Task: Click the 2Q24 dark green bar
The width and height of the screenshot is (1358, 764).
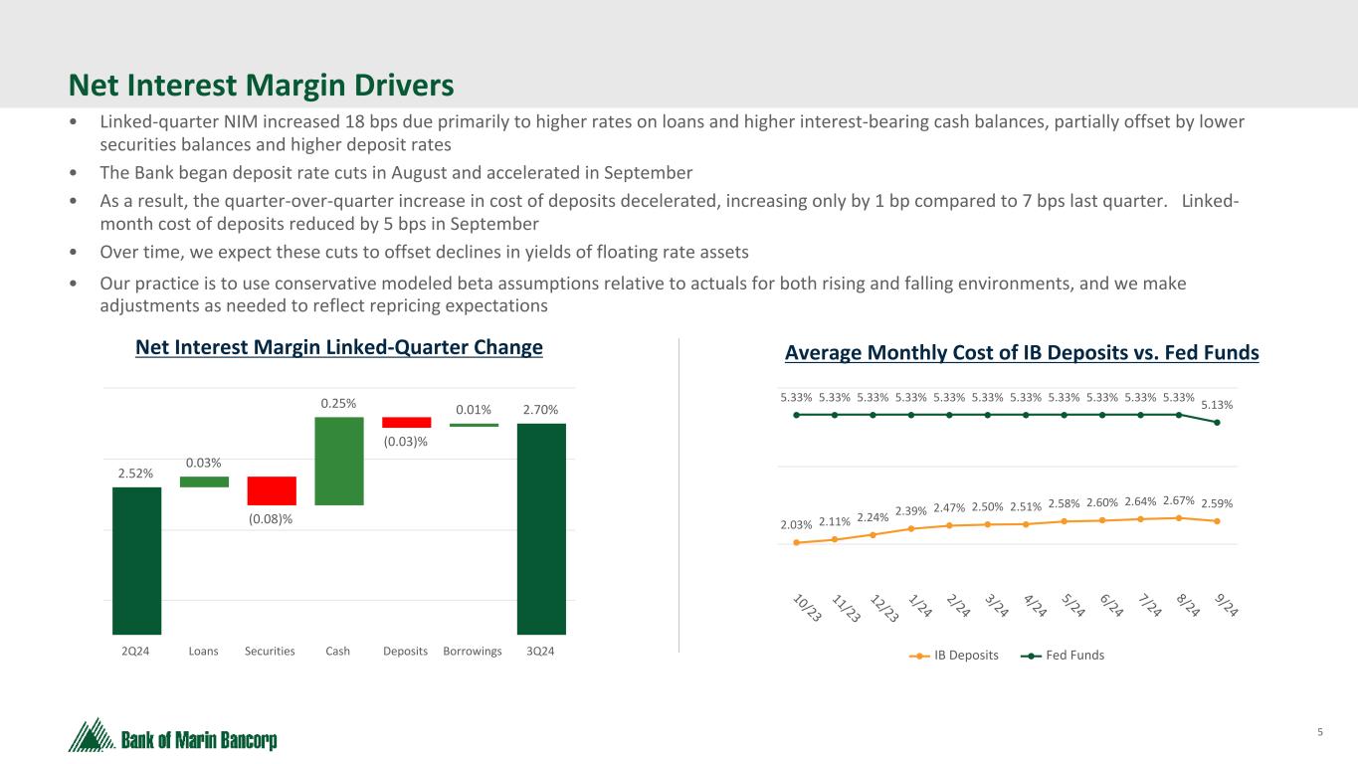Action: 136,560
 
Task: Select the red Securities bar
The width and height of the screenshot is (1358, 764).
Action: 272,490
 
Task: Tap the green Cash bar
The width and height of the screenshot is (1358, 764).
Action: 339,461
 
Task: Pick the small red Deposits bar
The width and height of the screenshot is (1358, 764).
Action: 406,422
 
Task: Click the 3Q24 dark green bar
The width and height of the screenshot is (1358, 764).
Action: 541,528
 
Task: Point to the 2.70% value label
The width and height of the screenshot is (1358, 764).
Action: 541,408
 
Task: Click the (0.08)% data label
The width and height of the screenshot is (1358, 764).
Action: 272,518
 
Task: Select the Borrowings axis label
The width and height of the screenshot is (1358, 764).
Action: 473,652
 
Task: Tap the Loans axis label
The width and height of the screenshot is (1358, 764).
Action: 204,652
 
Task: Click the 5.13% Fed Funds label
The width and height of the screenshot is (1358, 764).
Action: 1217,404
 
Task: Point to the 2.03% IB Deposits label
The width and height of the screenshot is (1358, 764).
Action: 796,524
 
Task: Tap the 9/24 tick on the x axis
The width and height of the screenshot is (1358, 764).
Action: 1228,604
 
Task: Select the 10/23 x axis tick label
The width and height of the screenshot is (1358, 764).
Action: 807,608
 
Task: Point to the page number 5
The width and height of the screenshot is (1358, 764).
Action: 1320,733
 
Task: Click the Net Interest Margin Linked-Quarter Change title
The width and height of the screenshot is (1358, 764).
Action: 339,348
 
